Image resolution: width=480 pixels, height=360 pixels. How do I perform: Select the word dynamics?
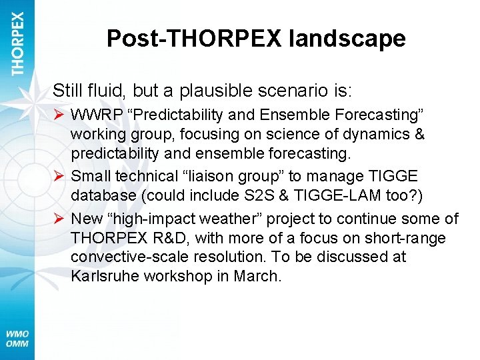click(x=375, y=134)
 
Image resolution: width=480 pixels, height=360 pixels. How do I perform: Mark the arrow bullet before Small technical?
click(x=59, y=176)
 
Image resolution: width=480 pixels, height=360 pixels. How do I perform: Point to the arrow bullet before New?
click(x=59, y=219)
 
